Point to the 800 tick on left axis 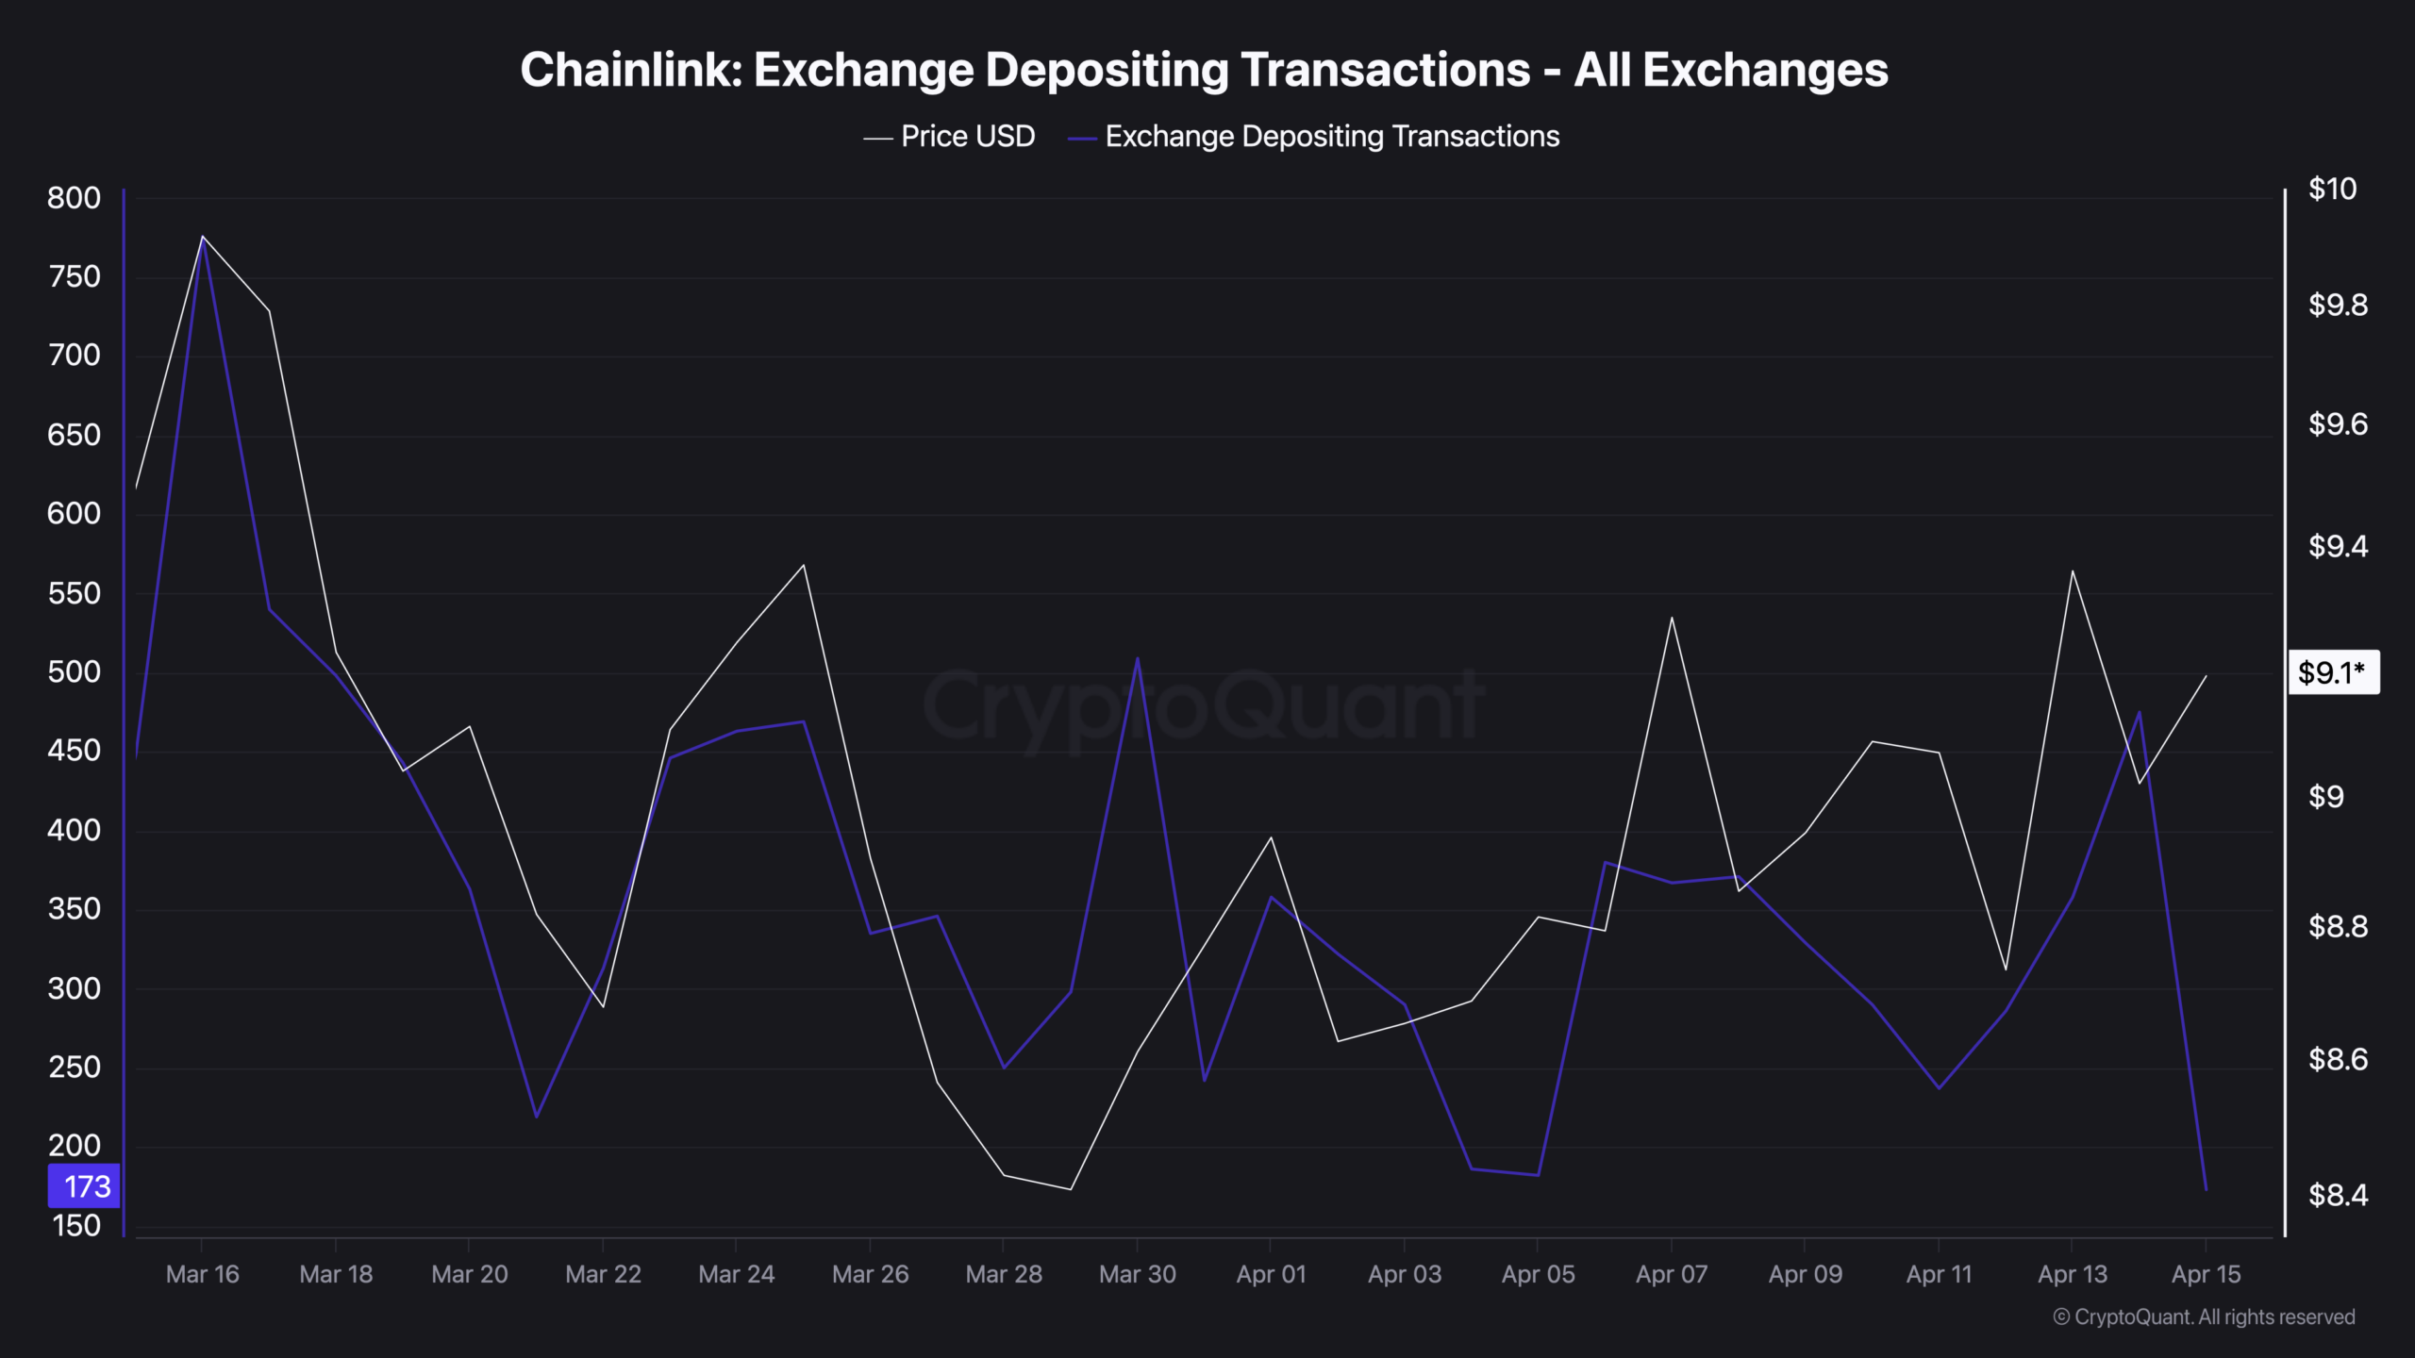(74, 198)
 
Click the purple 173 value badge (85, 1186)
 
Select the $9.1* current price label (2333, 672)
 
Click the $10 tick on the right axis (2332, 190)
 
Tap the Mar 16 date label (202, 1275)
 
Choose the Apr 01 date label (1271, 1275)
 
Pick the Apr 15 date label (2206, 1275)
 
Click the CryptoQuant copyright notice (2204, 1317)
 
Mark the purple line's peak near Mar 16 (203, 241)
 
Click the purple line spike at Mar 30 (1138, 658)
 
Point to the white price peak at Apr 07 (1672, 618)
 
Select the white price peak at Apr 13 (2073, 571)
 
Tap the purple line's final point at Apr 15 (2206, 1189)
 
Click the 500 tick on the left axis (74, 672)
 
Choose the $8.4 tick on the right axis (2338, 1196)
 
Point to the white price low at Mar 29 (1071, 1189)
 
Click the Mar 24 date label (736, 1275)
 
